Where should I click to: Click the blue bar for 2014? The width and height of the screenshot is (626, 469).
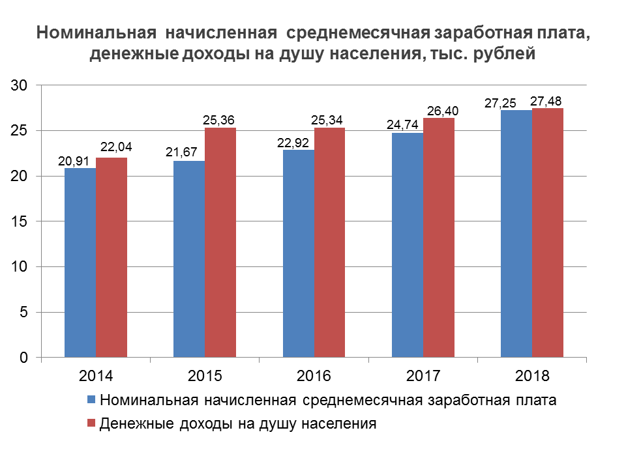click(x=80, y=263)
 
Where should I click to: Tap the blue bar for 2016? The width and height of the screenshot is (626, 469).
click(x=299, y=254)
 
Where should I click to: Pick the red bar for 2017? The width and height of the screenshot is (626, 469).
click(x=439, y=238)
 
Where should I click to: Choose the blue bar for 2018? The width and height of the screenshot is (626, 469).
click(x=516, y=234)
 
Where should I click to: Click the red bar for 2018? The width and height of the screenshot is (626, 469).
click(x=548, y=233)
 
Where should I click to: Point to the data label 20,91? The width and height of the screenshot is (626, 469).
click(x=74, y=160)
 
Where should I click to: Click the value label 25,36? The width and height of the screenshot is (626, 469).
click(x=219, y=120)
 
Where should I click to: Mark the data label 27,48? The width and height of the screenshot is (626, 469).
click(x=546, y=101)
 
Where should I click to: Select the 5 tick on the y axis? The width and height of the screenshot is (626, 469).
click(x=23, y=313)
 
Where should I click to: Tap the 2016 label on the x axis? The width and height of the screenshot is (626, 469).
click(x=314, y=377)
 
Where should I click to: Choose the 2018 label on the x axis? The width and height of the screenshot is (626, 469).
click(x=532, y=377)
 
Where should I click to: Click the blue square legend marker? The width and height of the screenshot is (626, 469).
click(x=91, y=400)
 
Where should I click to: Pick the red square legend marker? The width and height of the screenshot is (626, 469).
click(x=91, y=424)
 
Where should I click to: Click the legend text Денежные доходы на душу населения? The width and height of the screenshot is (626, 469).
click(x=239, y=424)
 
